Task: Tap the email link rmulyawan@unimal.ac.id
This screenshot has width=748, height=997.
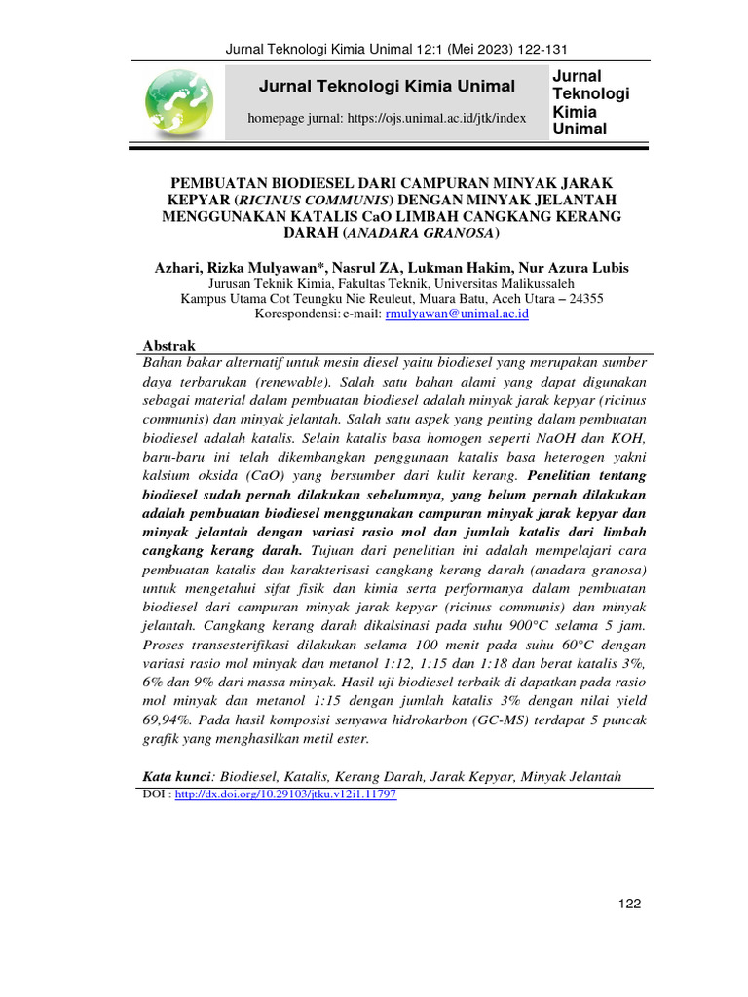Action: tap(457, 314)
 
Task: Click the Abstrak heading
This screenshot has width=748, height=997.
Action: tap(169, 346)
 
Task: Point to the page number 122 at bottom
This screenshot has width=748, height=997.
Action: tap(630, 905)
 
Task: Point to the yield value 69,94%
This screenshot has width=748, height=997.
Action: tap(170, 720)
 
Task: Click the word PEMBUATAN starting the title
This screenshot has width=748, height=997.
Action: tap(221, 182)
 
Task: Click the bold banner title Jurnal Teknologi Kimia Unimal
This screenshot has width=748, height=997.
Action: tap(387, 87)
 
